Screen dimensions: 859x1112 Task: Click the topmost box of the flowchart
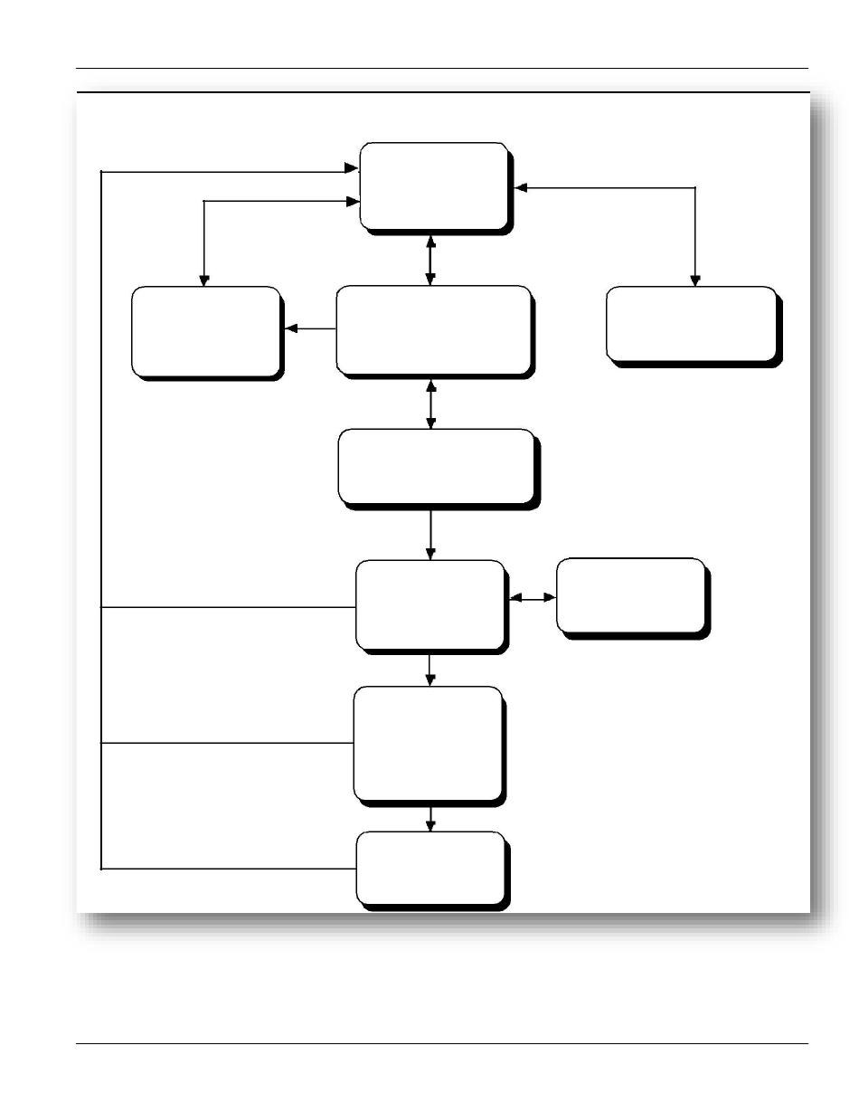[x=433, y=186]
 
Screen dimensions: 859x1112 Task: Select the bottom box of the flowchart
[x=429, y=868]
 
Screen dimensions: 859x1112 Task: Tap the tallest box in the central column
[x=428, y=743]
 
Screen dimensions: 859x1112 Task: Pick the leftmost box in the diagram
[x=204, y=331]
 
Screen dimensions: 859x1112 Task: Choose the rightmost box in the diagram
[x=691, y=323]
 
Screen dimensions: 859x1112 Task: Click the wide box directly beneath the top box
[x=432, y=329]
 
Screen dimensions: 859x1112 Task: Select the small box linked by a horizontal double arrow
[x=630, y=595]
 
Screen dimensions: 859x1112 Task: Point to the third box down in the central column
[x=436, y=465]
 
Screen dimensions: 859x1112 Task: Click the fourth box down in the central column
[x=429, y=604]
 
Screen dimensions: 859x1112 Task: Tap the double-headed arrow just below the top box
[x=430, y=260]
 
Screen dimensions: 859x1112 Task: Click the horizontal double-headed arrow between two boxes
[x=533, y=598]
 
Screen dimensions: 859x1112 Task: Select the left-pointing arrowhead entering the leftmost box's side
[x=290, y=328]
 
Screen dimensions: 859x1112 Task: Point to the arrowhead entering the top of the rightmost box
[x=694, y=280]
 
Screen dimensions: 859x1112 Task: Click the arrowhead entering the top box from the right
[x=520, y=188]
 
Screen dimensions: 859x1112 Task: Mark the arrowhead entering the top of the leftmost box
[x=204, y=280]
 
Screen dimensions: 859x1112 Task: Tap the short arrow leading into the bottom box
[x=430, y=818]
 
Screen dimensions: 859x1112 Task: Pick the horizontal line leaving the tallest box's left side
[x=227, y=743]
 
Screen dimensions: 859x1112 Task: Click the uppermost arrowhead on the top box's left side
[x=352, y=168]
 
